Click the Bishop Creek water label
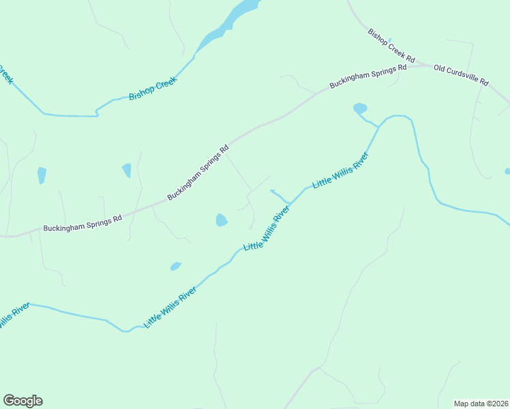click(153, 89)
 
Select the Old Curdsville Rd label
click(461, 75)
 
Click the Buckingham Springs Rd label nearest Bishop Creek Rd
click(368, 76)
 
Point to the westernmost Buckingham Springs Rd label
click(82, 223)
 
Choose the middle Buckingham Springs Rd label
click(198, 172)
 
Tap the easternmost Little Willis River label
click(340, 170)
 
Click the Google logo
click(22, 401)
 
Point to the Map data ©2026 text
click(480, 404)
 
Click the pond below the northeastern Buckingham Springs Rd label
click(360, 108)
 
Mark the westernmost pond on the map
click(42, 175)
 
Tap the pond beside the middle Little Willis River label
click(221, 219)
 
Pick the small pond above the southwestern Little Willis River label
click(176, 266)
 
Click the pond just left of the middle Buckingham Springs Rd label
click(127, 170)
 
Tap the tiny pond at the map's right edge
click(507, 171)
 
